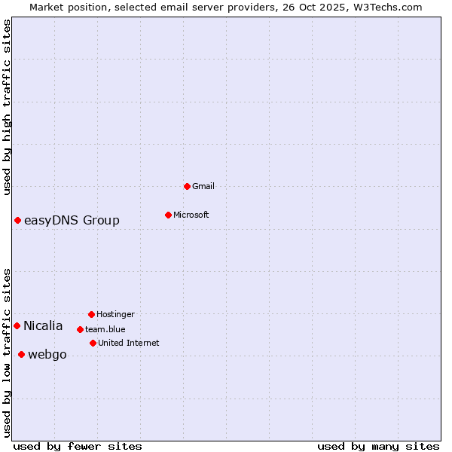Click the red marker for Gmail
(187, 186)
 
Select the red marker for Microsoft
(168, 215)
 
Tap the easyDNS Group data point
(17, 220)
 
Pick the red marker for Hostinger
(91, 314)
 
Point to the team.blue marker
(80, 329)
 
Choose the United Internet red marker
(93, 343)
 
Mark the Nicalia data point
(17, 325)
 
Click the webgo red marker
(21, 354)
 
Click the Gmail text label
(203, 186)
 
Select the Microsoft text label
(191, 215)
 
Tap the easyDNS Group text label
(72, 220)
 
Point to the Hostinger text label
(115, 314)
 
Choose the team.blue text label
(105, 329)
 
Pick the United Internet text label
(129, 343)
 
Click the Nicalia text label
(43, 325)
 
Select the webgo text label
(47, 354)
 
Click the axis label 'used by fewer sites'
(78, 446)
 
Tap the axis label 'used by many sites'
(378, 446)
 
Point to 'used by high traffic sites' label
(7, 107)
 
